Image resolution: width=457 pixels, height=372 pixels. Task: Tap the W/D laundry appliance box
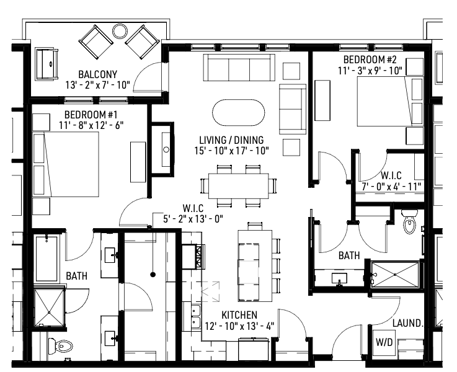coord(383,343)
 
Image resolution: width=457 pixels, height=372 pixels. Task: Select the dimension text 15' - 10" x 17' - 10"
coord(231,151)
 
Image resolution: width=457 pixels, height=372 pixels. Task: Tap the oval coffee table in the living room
coord(238,113)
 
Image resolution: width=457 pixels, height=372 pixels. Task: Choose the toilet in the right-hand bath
coord(409,223)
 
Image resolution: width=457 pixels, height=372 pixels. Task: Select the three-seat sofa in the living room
coord(239,66)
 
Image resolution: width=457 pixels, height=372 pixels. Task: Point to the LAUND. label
coord(408,323)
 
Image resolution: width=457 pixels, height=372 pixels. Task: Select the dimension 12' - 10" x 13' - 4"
coord(239,326)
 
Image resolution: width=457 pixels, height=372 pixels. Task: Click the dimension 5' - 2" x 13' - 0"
coord(193,218)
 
